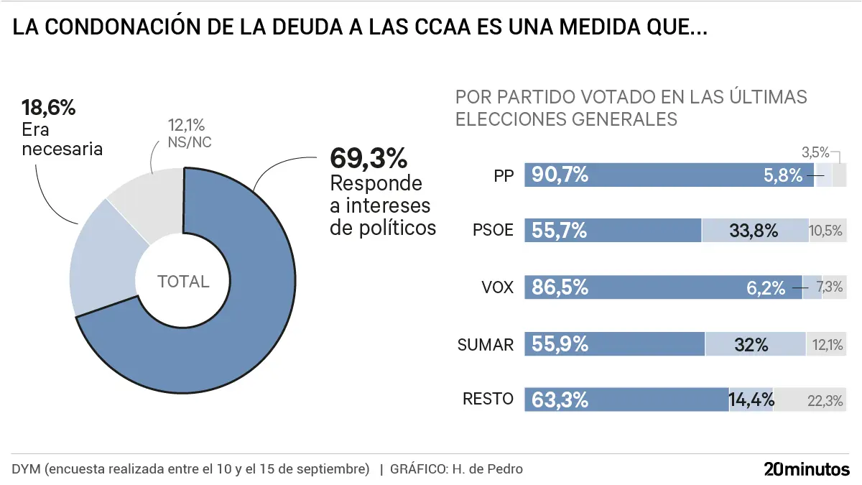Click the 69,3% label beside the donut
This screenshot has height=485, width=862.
(x=368, y=158)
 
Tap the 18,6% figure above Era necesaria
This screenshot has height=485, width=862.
(x=48, y=108)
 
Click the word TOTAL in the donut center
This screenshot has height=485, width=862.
(x=183, y=282)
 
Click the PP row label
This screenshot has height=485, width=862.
(x=504, y=175)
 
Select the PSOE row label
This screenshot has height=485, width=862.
(x=493, y=231)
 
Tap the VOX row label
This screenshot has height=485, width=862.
(x=498, y=287)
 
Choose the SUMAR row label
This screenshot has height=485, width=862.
(x=486, y=344)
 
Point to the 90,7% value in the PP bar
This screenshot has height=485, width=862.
(x=560, y=175)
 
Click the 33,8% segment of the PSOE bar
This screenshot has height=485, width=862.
(x=754, y=231)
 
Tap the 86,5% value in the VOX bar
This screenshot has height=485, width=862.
(x=560, y=287)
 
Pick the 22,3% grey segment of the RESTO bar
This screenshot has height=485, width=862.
(x=825, y=400)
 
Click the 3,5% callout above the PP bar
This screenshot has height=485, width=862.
(x=815, y=152)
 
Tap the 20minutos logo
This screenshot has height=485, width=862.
(x=806, y=469)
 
